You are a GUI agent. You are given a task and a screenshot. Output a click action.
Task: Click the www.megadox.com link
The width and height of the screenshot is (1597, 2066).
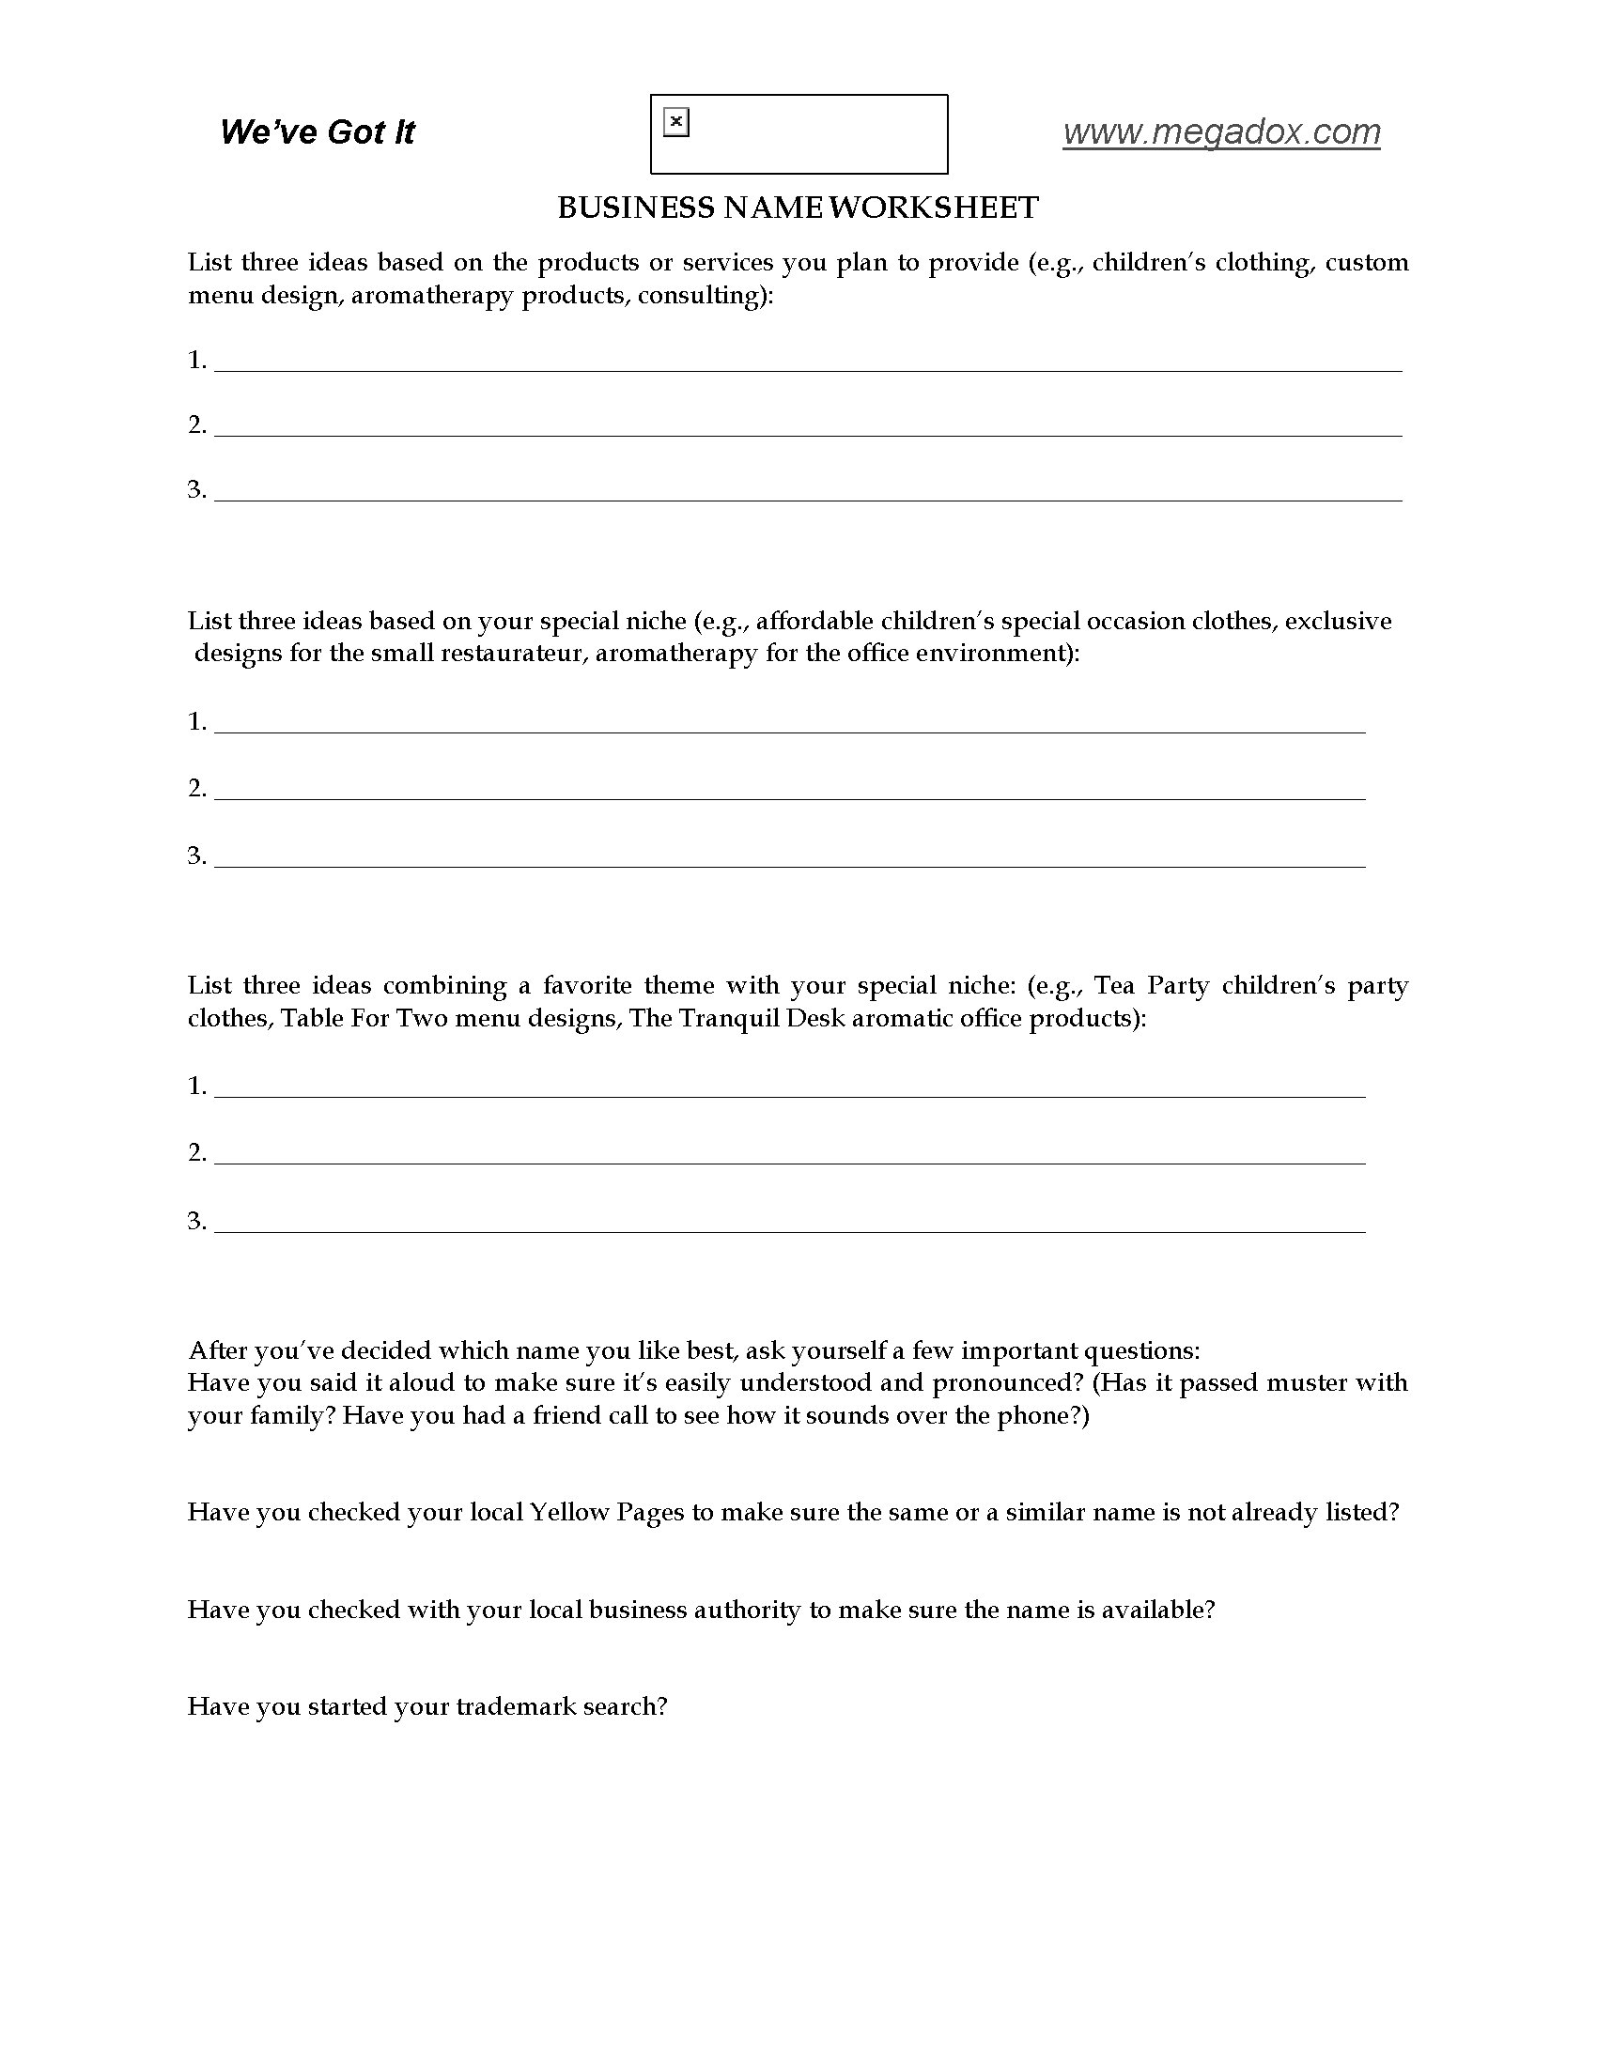click(1220, 132)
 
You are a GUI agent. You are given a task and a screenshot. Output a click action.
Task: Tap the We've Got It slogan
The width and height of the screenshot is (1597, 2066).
click(317, 132)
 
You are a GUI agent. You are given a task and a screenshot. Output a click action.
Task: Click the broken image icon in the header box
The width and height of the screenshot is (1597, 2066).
click(676, 123)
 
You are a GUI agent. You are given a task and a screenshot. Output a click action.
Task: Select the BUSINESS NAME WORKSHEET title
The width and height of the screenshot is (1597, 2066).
click(798, 208)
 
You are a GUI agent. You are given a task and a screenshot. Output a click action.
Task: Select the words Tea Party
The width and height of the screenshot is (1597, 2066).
click(1152, 986)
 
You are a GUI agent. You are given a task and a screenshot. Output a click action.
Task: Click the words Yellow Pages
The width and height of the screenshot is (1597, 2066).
click(607, 1513)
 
